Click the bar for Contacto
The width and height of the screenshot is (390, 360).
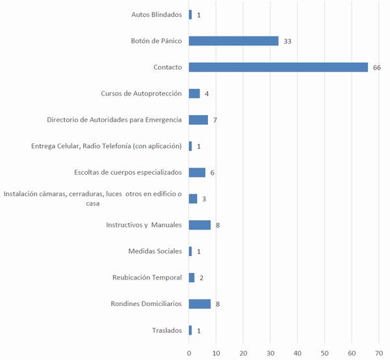[x=278, y=67]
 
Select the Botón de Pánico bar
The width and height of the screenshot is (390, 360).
[x=233, y=41]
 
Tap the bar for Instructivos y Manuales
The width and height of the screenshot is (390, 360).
[x=200, y=225]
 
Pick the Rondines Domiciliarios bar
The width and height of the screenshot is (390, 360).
[x=200, y=303]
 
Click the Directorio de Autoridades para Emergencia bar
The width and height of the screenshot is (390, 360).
[x=198, y=120]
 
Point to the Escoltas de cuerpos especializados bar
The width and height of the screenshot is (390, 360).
[x=197, y=172]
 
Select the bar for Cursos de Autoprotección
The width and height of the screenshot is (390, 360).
[x=194, y=94]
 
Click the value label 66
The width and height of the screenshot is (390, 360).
[x=376, y=68]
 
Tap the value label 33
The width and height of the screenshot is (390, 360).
[x=287, y=42]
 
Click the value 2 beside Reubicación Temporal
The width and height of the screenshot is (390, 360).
[x=201, y=278]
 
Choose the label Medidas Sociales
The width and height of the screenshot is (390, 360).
[x=155, y=251]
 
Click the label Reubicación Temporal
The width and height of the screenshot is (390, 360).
[x=146, y=277]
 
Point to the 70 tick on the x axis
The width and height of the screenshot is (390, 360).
[x=378, y=353]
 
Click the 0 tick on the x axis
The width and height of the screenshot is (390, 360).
[x=189, y=353]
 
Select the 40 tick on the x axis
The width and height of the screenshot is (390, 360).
[x=297, y=353]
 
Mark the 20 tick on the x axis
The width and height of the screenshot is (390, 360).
[x=243, y=353]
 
